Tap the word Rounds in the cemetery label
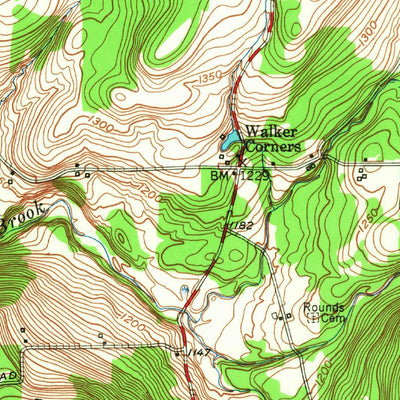(x=325, y=307)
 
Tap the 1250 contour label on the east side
(x=370, y=216)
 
